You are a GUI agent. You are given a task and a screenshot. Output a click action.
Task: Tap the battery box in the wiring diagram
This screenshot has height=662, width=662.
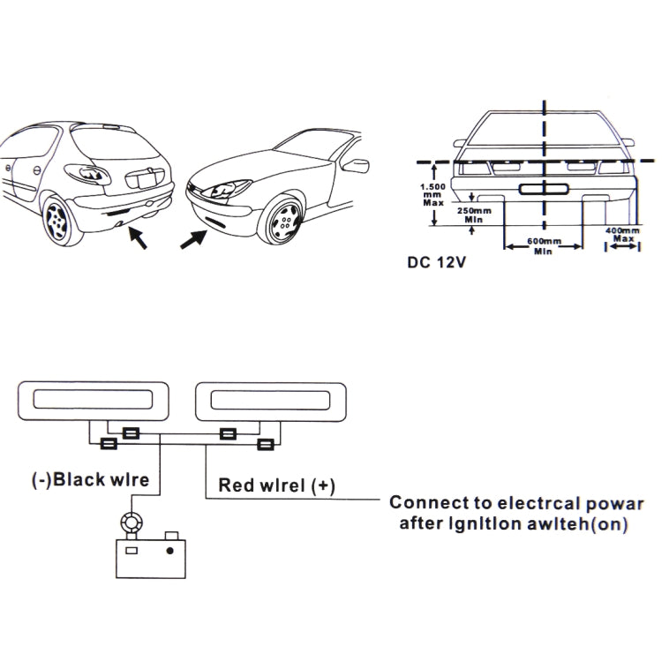tap(150, 557)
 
